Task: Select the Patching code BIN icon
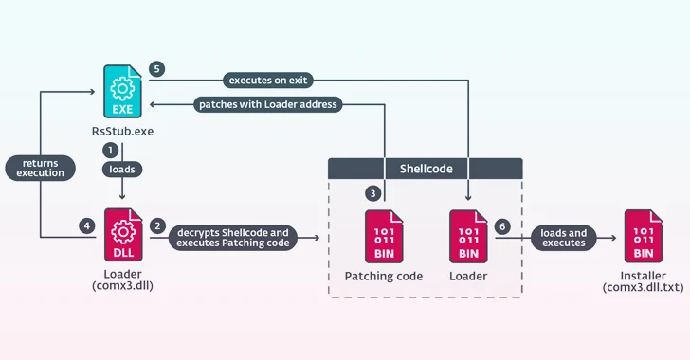tap(382, 237)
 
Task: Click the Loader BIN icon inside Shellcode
tap(468, 237)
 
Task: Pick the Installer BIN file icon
tap(643, 237)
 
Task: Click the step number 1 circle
tap(110, 151)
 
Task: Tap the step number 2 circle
tap(157, 227)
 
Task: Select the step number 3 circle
tap(372, 193)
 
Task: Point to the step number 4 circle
tap(87, 227)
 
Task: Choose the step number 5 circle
tap(157, 69)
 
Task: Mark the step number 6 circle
tap(502, 227)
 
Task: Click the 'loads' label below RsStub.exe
tap(122, 169)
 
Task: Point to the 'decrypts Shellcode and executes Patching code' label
tap(232, 238)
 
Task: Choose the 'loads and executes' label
tap(563, 238)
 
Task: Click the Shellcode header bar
tap(425, 169)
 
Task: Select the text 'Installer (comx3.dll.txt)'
tap(643, 281)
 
